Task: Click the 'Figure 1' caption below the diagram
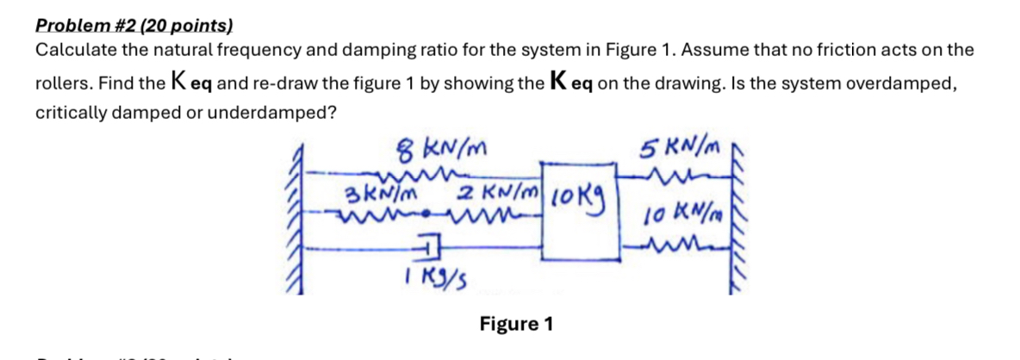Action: [516, 325]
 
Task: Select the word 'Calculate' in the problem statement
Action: [72, 50]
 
